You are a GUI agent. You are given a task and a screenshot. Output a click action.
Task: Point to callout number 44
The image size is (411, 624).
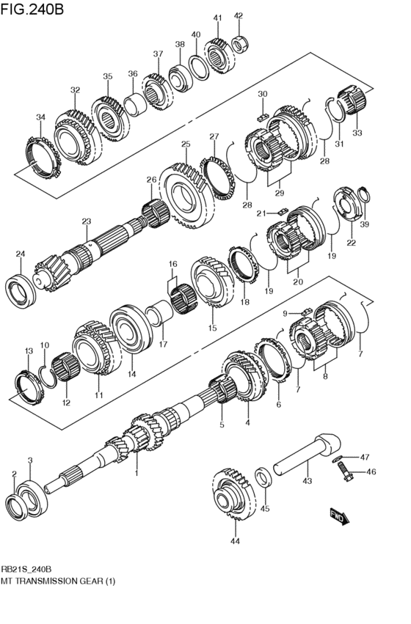click(235, 542)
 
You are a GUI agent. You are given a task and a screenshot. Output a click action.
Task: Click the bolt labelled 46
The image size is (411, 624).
click(344, 474)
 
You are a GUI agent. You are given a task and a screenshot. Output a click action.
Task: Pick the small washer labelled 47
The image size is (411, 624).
click(336, 458)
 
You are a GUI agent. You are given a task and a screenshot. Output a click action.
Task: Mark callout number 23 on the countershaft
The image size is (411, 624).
click(86, 221)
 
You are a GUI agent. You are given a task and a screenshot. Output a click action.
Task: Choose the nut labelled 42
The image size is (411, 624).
click(239, 44)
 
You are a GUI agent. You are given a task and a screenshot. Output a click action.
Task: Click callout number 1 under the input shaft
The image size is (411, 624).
click(137, 474)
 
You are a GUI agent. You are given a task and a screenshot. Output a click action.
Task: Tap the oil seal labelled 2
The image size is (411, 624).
click(15, 506)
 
